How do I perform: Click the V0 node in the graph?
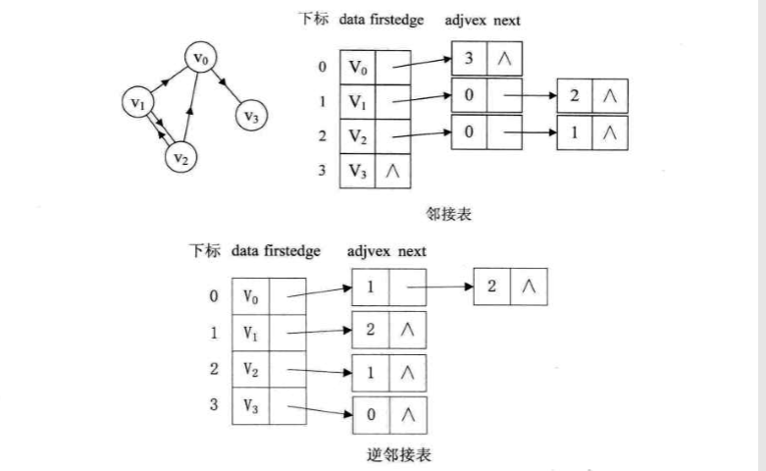[200, 60]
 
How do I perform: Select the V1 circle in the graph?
[138, 102]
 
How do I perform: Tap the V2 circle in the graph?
[179, 156]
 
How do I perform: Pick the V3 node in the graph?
[251, 118]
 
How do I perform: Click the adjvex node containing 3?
[469, 60]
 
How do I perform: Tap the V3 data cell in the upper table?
[358, 170]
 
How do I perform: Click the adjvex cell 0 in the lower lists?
[371, 414]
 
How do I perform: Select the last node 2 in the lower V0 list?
[491, 286]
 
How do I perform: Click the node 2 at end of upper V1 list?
[574, 96]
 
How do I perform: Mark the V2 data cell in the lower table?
[250, 370]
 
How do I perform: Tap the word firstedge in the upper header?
[396, 20]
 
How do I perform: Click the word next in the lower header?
[411, 251]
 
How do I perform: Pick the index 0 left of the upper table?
[322, 68]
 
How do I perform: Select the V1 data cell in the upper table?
[358, 101]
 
